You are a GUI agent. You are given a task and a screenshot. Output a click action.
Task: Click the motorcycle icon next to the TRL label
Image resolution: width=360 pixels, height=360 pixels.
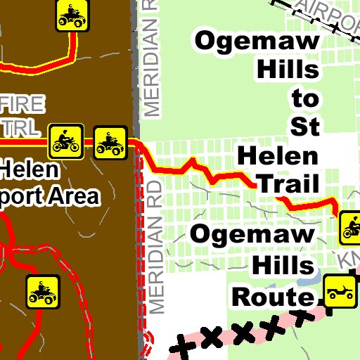point(66,141)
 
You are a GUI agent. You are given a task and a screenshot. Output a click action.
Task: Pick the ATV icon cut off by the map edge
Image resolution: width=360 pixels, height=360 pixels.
point(72,15)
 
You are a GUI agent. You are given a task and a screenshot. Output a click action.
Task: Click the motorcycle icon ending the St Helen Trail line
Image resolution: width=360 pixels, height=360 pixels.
point(350,226)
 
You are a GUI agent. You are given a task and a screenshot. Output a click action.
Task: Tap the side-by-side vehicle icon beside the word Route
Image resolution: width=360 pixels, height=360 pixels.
point(340,290)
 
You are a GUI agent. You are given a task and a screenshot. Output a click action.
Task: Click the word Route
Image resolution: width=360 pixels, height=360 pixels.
point(272,297)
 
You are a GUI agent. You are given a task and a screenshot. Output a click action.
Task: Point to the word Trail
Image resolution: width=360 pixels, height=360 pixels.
point(288,184)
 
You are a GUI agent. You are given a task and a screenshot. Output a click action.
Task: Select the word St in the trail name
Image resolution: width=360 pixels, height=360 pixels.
point(305,126)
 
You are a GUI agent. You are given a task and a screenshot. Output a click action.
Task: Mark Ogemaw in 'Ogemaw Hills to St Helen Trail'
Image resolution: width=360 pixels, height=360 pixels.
point(257,40)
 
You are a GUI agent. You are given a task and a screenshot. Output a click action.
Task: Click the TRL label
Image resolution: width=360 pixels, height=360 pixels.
point(21,128)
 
